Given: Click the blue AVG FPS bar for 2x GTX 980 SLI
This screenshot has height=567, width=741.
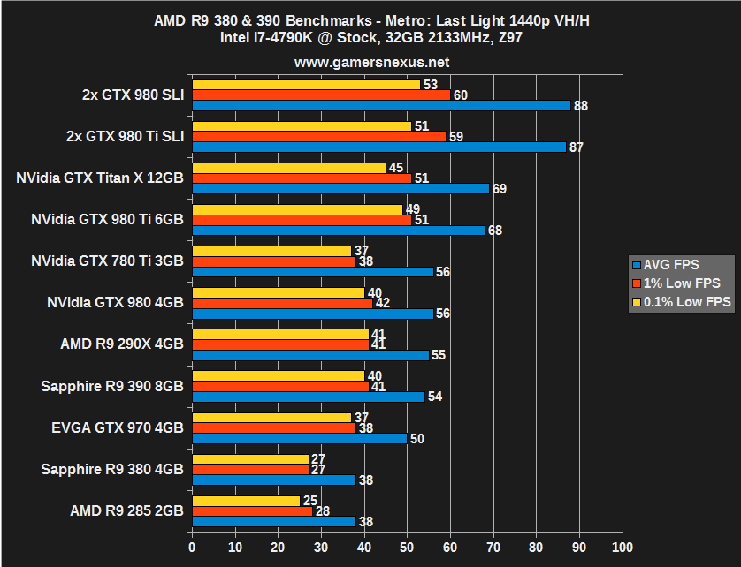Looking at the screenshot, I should (380, 106).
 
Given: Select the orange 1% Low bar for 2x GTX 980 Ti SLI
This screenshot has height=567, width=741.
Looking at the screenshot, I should (318, 137).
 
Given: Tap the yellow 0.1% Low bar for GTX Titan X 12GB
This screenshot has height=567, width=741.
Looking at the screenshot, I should (288, 168).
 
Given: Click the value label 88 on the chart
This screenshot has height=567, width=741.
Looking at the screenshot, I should (581, 106).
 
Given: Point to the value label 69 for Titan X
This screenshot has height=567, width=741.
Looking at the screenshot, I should (500, 189).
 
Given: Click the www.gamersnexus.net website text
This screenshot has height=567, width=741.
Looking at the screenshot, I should (371, 62).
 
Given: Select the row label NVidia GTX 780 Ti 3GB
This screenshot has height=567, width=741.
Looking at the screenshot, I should (107, 261).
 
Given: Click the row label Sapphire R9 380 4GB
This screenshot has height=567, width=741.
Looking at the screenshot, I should (112, 469).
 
